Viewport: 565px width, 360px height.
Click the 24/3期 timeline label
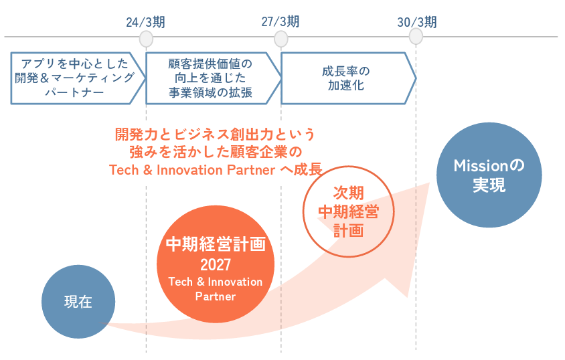(145, 22)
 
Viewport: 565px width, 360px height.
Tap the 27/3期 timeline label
(280, 21)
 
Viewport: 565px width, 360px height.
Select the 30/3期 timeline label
(417, 22)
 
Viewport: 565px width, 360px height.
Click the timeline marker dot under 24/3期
(146, 39)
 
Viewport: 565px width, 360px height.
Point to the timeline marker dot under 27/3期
(280, 39)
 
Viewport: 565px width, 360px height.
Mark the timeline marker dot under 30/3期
(416, 36)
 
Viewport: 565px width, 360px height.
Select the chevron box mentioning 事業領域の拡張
(214, 78)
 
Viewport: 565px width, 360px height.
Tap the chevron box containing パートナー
(78, 78)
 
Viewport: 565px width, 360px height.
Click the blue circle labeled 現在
(78, 302)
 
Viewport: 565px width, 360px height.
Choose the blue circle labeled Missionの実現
(489, 175)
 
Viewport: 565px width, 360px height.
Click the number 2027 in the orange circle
(216, 265)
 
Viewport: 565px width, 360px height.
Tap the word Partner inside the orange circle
(216, 296)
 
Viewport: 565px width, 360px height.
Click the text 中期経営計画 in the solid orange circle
(216, 244)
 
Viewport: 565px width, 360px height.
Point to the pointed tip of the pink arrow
(430, 183)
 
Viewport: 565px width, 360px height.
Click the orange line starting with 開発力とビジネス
(215, 134)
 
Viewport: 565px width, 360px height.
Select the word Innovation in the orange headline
(189, 170)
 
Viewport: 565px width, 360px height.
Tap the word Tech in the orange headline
(124, 170)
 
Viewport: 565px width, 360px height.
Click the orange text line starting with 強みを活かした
(216, 152)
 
